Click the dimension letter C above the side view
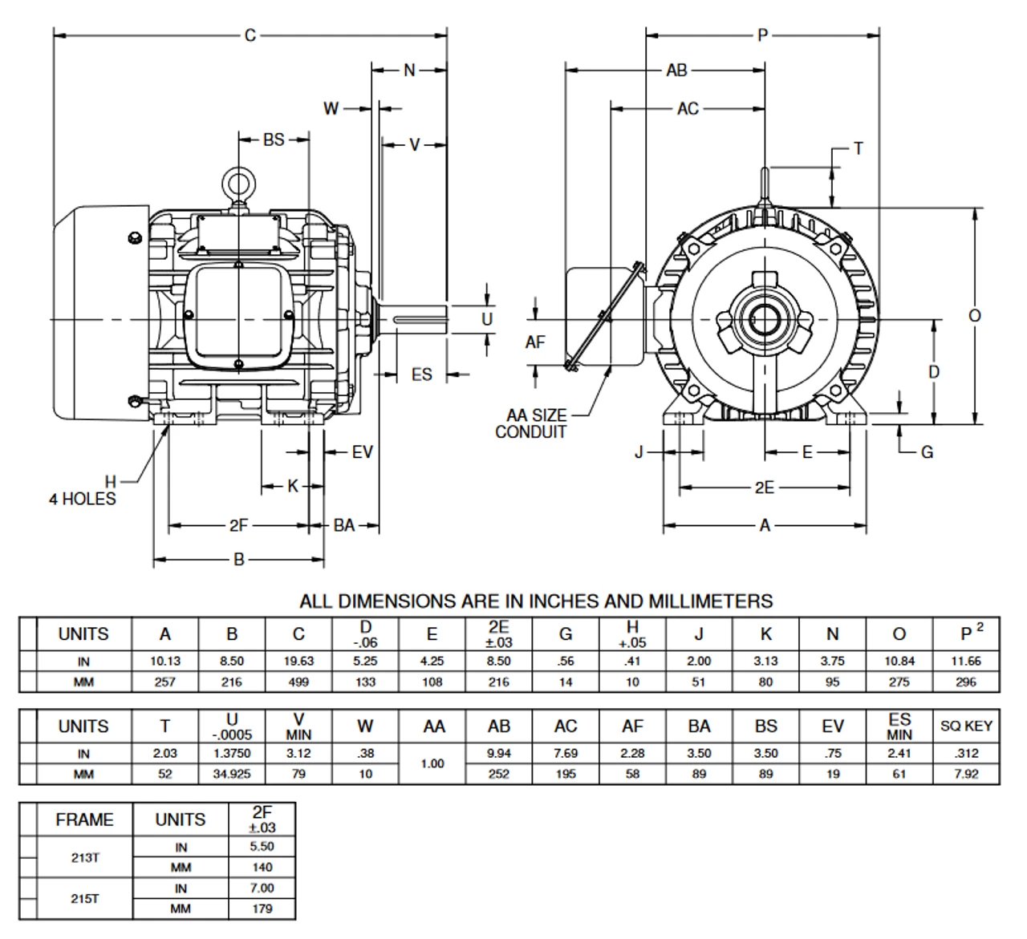click(250, 35)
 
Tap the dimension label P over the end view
click(762, 35)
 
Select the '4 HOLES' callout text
click(83, 499)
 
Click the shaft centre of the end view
click(765, 320)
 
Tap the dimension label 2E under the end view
click(764, 488)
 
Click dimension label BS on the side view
click(274, 140)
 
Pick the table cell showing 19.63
click(298, 662)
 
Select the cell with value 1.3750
click(232, 754)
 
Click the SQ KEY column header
click(966, 727)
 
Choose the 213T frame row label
click(85, 857)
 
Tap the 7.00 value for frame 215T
click(262, 888)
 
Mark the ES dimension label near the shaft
click(421, 374)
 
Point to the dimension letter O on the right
click(974, 316)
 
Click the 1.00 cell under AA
click(432, 764)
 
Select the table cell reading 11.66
click(966, 662)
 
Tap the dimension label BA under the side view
click(344, 526)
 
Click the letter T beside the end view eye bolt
click(858, 148)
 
